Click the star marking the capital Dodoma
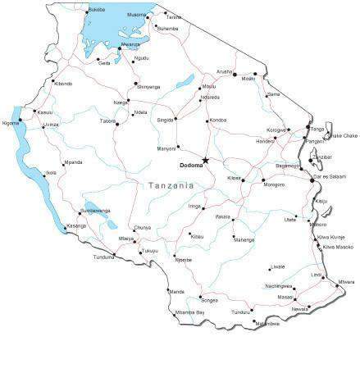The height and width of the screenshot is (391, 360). coord(205,160)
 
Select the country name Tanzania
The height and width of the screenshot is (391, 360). coord(171,186)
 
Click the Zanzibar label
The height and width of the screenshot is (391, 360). coord(321,157)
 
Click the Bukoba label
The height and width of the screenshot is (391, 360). coord(97,9)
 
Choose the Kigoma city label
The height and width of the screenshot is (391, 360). coord(11,123)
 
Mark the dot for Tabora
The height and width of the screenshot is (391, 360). coord(116,124)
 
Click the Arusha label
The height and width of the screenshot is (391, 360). coord(224,71)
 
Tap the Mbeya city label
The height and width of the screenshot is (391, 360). coord(125,239)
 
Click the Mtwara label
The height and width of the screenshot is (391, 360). coord(346,282)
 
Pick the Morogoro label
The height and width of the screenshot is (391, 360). coord(274,184)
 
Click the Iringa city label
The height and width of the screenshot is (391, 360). coord(194,207)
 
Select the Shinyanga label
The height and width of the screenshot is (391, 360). coord(148,87)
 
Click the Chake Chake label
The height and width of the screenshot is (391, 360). coord(344,136)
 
